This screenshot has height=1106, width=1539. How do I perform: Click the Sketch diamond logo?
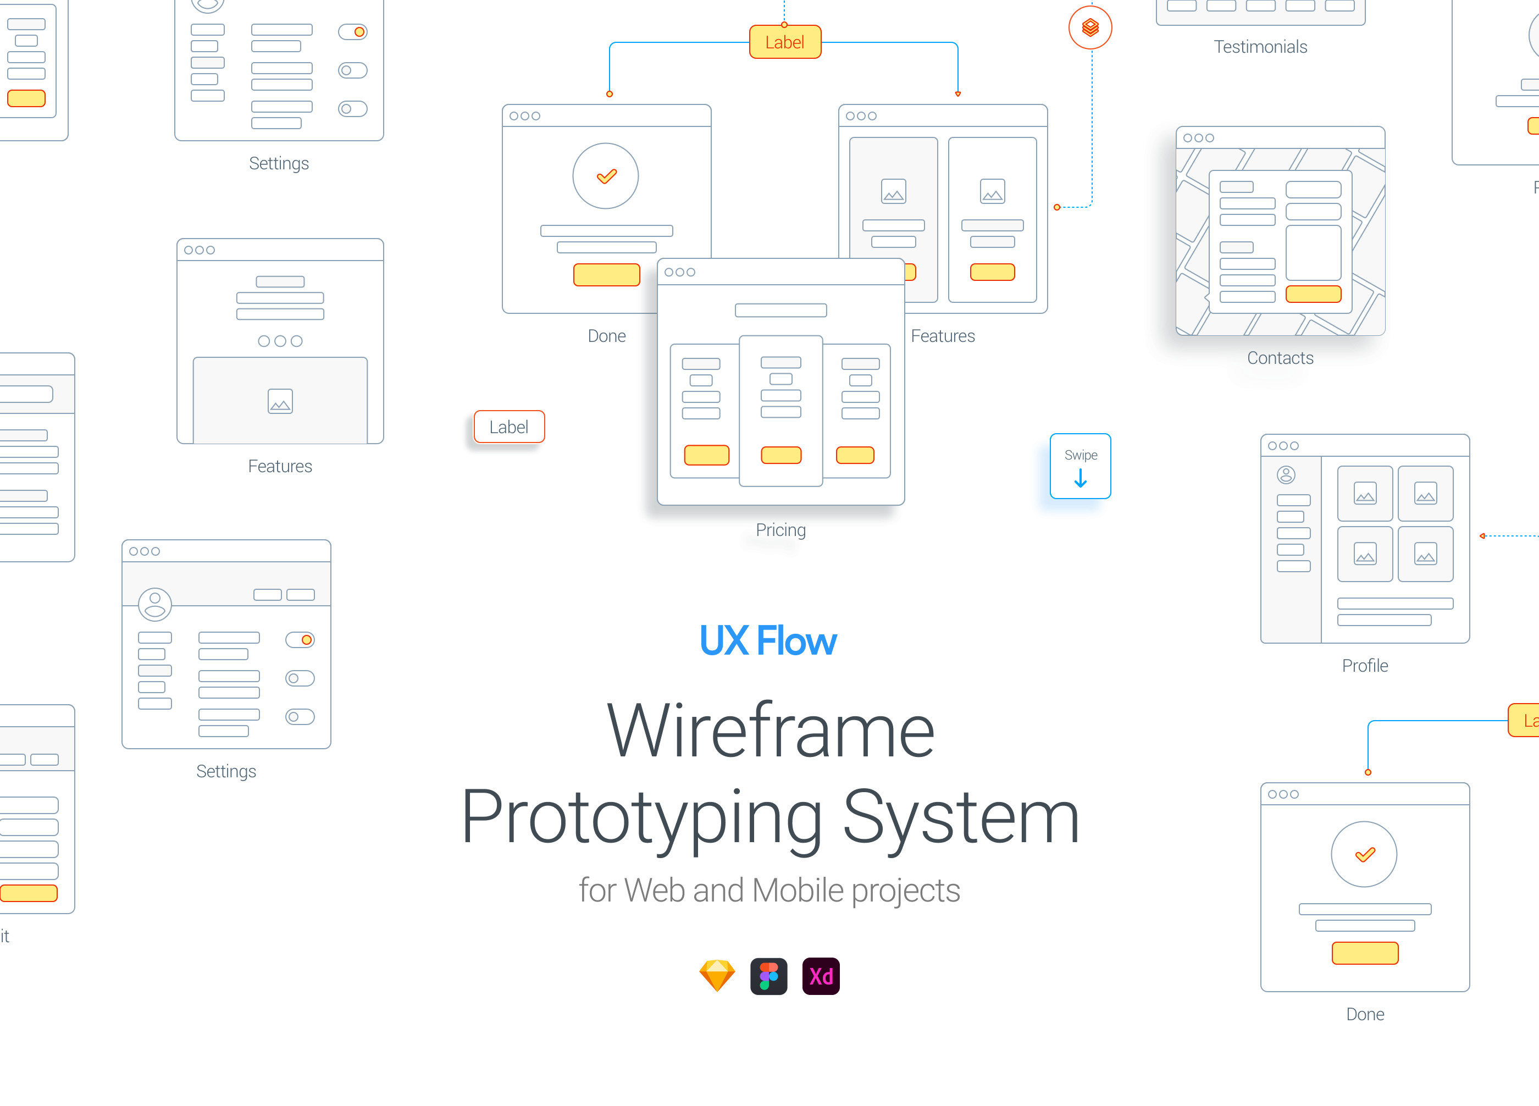point(717,976)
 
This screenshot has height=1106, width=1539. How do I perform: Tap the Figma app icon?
point(768,976)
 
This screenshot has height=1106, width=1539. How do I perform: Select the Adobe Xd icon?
point(821,976)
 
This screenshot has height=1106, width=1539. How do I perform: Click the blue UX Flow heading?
point(768,640)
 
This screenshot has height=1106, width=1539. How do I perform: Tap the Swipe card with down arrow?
point(1079,466)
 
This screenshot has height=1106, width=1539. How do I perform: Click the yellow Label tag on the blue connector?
point(784,42)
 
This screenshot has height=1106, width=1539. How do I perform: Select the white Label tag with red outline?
point(509,427)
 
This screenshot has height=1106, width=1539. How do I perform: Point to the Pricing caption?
point(780,530)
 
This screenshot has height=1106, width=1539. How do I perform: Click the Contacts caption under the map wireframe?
point(1280,358)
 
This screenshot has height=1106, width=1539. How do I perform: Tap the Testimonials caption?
point(1260,47)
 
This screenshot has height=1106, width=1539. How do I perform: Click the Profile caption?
point(1365,666)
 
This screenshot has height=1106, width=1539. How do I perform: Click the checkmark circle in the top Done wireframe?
point(605,176)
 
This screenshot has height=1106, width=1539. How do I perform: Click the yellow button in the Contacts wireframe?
point(1313,294)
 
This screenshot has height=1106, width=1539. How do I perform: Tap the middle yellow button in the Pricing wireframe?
point(781,455)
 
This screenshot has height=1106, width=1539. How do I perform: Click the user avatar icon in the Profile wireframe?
point(1286,475)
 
